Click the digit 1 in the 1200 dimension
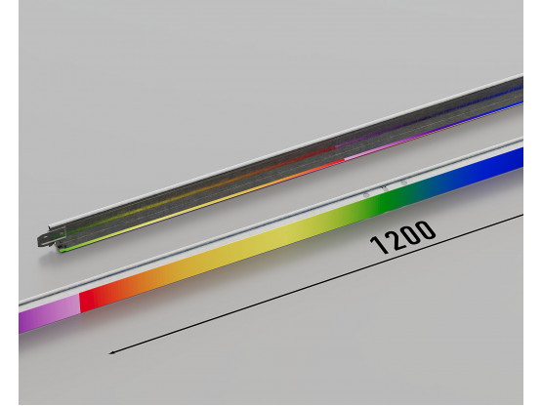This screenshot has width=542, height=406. pos(380,245)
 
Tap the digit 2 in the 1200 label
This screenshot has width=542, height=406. pos(396,239)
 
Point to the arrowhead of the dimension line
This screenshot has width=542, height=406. pos(112,352)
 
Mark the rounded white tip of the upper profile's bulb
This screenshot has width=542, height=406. pos(50,227)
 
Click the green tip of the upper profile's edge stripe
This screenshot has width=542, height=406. pos(63,249)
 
